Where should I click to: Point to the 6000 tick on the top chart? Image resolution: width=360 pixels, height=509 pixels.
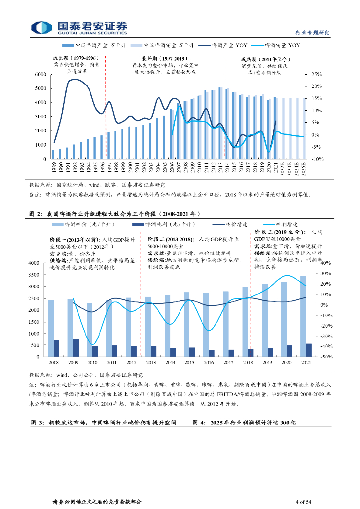tap(40, 74)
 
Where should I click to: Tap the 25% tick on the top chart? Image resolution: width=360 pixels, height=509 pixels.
tap(316, 74)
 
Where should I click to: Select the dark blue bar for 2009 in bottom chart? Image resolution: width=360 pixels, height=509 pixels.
tap(76, 348)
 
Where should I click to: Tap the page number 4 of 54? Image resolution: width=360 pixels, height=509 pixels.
tap(303, 502)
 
